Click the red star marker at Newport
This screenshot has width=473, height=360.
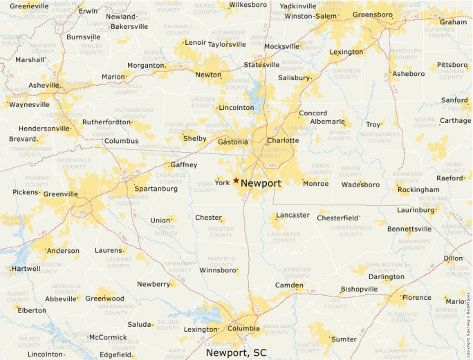[x=236, y=180]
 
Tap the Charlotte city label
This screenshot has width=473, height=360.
[x=283, y=140]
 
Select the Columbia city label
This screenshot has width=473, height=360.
[x=243, y=328]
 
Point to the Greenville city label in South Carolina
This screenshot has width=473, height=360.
[x=60, y=194]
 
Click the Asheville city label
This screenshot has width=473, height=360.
[x=44, y=85]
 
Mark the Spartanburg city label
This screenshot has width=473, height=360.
[x=151, y=189]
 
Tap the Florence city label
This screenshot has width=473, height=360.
[x=416, y=298]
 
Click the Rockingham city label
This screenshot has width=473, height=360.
[x=418, y=189]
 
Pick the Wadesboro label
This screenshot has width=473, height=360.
[x=361, y=184]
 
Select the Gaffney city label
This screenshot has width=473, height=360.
[x=183, y=165]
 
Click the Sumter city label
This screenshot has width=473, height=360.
[x=344, y=339]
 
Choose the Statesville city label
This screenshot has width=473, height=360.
[x=261, y=65]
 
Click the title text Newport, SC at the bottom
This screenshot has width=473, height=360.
[x=236, y=352]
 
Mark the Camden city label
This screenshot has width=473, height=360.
[x=289, y=285]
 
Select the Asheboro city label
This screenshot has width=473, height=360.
[x=408, y=73]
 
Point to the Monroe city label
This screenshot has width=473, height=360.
[x=316, y=184]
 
